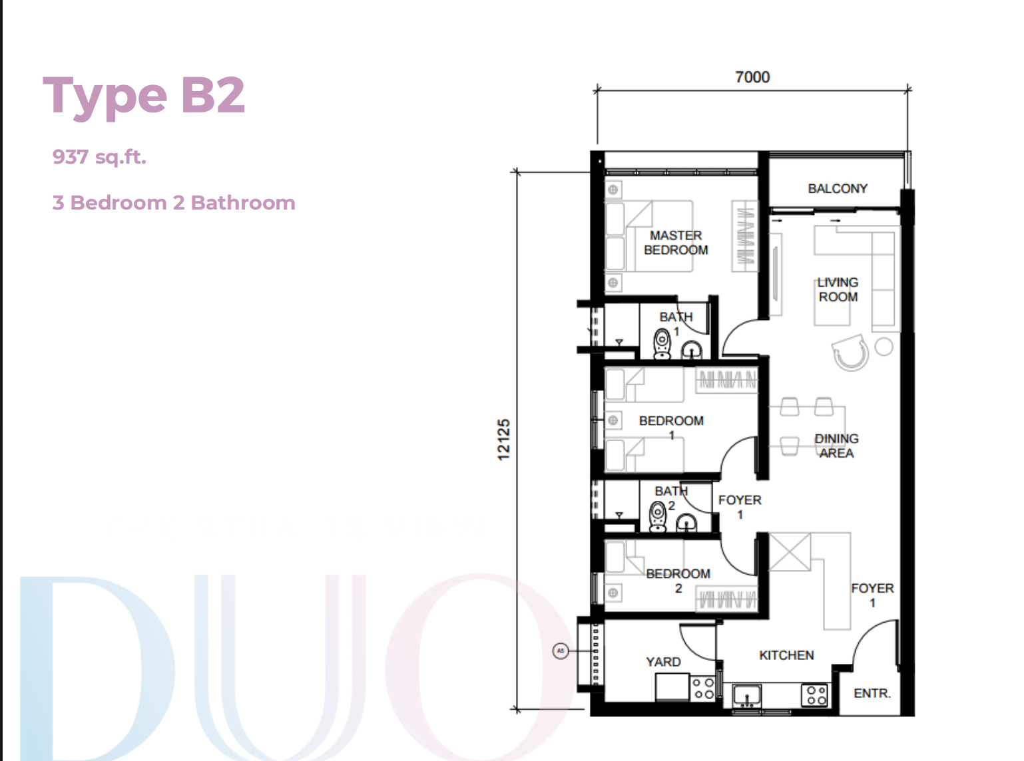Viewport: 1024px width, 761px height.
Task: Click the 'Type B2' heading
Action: [x=144, y=96]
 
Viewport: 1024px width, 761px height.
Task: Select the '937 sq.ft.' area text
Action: [x=99, y=157]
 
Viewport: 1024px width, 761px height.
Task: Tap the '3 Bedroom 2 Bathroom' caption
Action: [x=174, y=202]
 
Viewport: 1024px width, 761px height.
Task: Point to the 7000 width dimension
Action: [x=752, y=76]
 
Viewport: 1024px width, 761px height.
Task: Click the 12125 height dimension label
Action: [x=504, y=440]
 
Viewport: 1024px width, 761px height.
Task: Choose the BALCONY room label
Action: [x=838, y=188]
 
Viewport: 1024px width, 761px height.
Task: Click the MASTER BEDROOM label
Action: [x=676, y=243]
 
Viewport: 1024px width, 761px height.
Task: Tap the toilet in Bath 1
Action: [x=662, y=343]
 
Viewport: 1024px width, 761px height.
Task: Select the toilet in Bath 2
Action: [x=657, y=516]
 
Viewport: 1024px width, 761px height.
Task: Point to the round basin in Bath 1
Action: [x=692, y=350]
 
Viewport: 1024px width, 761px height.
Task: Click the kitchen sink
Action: [x=746, y=696]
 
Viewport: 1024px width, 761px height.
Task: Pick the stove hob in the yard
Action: [x=703, y=688]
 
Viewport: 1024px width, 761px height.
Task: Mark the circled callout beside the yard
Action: [x=561, y=651]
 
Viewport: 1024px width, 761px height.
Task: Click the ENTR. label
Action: [x=872, y=693]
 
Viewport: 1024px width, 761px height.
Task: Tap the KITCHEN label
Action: [x=786, y=655]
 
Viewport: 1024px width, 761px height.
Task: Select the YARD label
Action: [x=663, y=662]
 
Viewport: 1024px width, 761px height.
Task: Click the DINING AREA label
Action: [x=836, y=446]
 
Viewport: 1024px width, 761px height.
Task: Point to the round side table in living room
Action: [x=884, y=347]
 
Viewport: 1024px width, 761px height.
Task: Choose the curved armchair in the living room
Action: [x=850, y=353]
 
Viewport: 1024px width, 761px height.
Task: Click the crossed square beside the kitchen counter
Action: [x=790, y=552]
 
